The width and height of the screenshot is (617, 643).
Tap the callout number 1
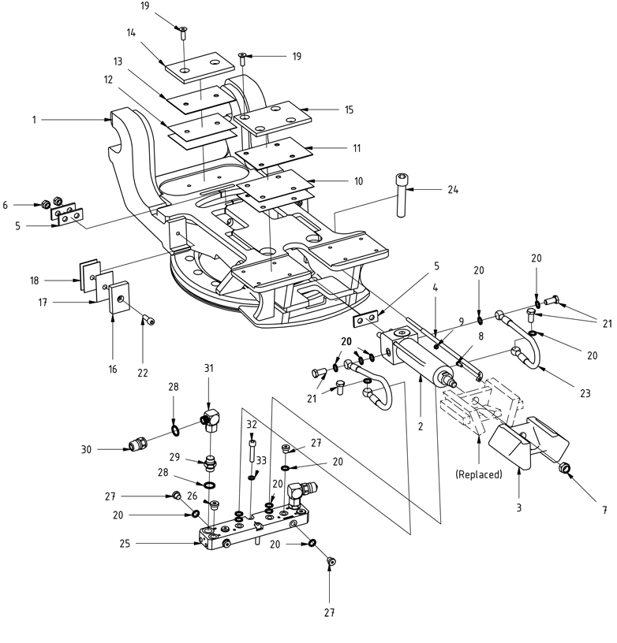(34, 120)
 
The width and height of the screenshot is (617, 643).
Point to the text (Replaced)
(479, 475)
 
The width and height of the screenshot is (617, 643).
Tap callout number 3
(519, 508)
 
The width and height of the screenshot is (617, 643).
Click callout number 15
(349, 110)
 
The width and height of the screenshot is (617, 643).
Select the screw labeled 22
(148, 319)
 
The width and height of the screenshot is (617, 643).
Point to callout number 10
(358, 181)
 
